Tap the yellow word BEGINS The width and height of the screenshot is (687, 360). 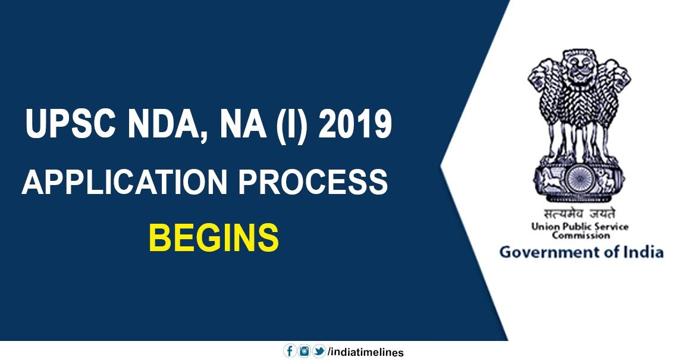(x=214, y=237)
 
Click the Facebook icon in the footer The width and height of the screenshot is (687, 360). (x=290, y=351)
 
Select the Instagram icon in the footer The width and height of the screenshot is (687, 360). (x=304, y=351)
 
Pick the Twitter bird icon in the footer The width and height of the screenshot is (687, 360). (x=319, y=351)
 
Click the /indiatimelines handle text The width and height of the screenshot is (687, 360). (x=366, y=352)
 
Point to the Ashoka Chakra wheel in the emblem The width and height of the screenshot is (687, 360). (x=578, y=180)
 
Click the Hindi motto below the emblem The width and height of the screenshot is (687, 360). (x=579, y=214)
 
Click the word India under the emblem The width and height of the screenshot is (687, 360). (x=646, y=252)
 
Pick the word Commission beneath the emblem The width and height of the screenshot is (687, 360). (x=581, y=236)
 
